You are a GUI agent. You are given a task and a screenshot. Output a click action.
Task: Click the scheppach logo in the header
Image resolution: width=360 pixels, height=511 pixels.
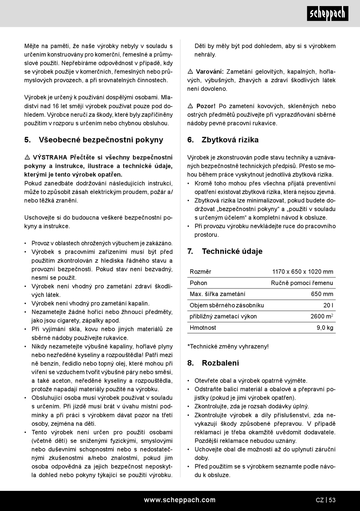(327, 14)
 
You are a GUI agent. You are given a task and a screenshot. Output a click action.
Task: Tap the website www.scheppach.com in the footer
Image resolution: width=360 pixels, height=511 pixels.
(180, 500)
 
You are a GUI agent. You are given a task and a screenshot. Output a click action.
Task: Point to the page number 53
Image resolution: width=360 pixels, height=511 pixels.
(332, 500)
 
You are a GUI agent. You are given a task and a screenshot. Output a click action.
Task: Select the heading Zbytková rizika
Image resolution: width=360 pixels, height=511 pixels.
(230, 140)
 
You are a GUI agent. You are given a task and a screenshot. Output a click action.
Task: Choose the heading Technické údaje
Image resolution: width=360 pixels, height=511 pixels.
(232, 251)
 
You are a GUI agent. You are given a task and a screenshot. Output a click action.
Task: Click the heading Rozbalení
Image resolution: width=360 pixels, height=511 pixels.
(220, 363)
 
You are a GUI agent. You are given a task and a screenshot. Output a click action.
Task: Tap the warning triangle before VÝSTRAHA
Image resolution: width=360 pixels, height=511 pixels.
(27, 157)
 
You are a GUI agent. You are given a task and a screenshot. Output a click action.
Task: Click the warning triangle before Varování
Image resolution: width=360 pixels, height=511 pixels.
(191, 72)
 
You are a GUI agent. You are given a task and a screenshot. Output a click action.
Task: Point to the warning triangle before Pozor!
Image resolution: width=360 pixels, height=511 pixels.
(191, 106)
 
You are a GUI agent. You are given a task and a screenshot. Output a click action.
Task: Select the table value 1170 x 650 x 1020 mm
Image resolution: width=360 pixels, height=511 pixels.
(303, 272)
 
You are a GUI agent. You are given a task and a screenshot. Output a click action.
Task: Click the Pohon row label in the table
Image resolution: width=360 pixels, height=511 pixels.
(199, 283)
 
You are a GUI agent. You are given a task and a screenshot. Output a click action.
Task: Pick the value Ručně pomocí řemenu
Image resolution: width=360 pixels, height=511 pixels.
(302, 283)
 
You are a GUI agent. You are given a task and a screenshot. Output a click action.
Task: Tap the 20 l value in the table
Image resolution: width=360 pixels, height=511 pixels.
(328, 305)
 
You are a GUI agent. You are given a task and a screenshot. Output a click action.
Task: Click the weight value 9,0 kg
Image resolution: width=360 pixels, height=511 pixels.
(325, 328)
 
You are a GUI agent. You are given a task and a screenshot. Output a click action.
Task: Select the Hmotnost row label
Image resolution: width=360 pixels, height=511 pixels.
(203, 328)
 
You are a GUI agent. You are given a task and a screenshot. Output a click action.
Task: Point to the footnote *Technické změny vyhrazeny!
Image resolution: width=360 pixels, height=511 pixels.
(228, 346)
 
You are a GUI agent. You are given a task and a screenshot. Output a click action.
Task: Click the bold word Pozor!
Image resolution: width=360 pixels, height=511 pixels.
(206, 106)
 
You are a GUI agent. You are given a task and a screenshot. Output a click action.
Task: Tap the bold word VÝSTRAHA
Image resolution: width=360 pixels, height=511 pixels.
(50, 157)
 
